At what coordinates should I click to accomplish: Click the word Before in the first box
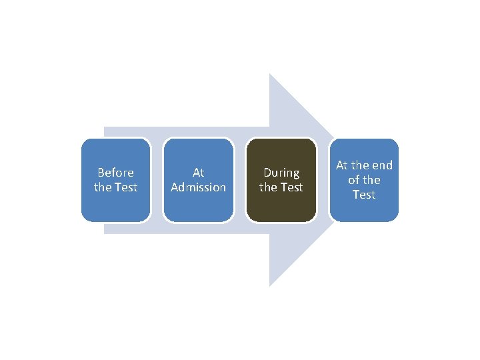pyautogui.click(x=115, y=173)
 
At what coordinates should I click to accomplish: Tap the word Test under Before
pyautogui.click(x=125, y=187)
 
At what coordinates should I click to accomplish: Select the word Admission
pyautogui.click(x=198, y=187)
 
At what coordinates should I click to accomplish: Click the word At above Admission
pyautogui.click(x=198, y=173)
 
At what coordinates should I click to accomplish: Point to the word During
pyautogui.click(x=281, y=173)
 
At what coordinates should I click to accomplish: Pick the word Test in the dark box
pyautogui.click(x=291, y=187)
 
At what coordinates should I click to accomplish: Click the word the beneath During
pyautogui.click(x=268, y=187)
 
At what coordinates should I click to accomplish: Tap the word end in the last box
pyautogui.click(x=381, y=165)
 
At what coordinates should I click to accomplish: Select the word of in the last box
pyautogui.click(x=353, y=180)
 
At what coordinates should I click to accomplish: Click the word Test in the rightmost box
pyautogui.click(x=364, y=195)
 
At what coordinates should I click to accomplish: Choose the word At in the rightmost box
pyautogui.click(x=342, y=165)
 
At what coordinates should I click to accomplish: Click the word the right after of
pyautogui.click(x=372, y=180)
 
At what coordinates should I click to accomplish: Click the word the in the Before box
pyautogui.click(x=103, y=187)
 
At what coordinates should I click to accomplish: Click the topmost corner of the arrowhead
pyautogui.click(x=269, y=75)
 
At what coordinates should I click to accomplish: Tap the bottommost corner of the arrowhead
pyautogui.click(x=269, y=285)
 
